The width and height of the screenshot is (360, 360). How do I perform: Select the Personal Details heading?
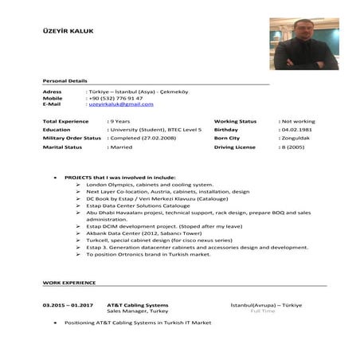[x=65, y=81]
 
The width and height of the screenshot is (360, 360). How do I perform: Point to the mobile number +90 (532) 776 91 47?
[x=115, y=98]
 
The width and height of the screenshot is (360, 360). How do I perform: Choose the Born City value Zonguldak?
[x=295, y=138]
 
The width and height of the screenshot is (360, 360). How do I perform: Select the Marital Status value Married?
[x=121, y=147]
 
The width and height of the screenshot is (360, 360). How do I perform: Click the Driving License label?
[x=234, y=147]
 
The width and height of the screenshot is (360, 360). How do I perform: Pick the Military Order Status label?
[x=72, y=138]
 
